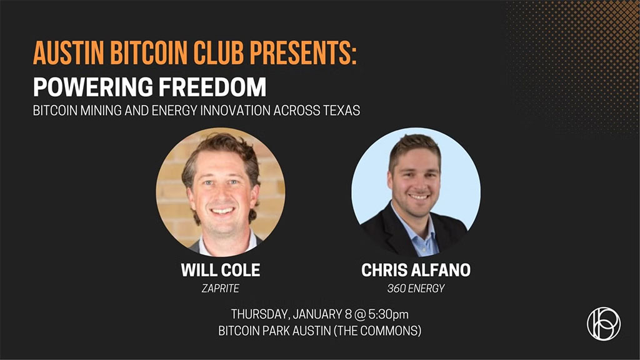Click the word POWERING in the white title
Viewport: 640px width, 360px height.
(91, 87)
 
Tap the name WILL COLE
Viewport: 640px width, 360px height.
(221, 271)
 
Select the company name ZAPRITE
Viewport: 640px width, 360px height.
(221, 288)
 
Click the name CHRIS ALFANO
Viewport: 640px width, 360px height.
(416, 271)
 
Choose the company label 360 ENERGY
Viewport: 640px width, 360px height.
(416, 288)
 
